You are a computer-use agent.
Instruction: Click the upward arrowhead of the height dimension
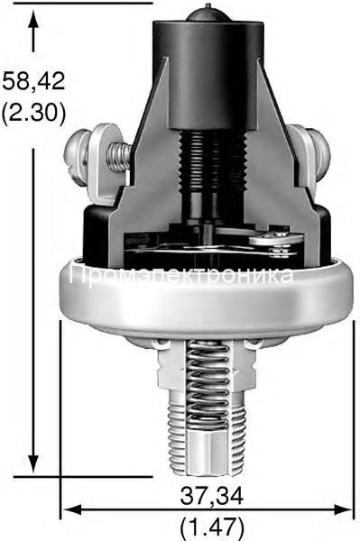click(x=34, y=20)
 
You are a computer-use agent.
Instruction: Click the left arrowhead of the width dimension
click(x=69, y=509)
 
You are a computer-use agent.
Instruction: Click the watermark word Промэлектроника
click(x=180, y=276)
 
